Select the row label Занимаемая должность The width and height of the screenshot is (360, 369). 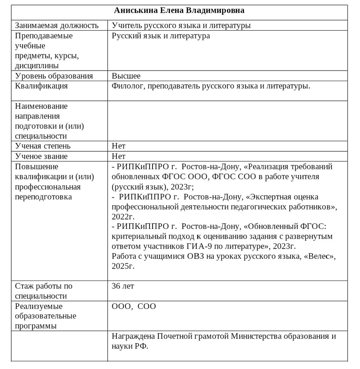coord(57,25)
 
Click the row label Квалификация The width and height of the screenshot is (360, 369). coord(41,86)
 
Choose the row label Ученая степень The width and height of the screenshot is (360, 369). coord(43,146)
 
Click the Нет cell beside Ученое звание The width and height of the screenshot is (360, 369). coord(118,156)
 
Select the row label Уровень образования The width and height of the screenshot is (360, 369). coord(54,76)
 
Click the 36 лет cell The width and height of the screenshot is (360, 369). coord(123,286)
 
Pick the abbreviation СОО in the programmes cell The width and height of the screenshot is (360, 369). coord(147,307)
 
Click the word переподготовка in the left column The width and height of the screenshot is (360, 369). coord(43,197)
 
